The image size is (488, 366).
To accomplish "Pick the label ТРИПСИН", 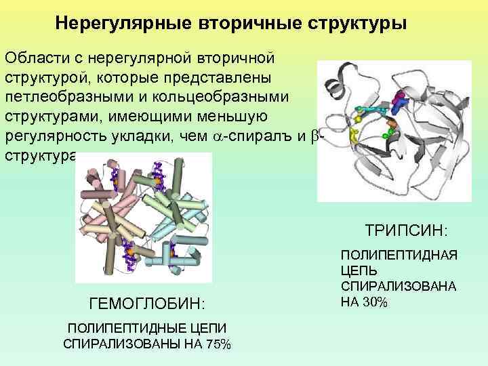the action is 406,231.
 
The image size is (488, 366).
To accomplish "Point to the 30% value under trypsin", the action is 375,302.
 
